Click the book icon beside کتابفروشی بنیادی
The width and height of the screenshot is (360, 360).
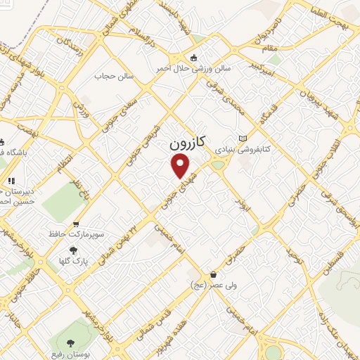coord(243,139)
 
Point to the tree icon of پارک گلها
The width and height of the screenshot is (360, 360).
coord(73,250)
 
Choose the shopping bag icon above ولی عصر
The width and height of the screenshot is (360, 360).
coord(212,275)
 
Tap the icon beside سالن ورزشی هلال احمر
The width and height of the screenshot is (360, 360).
coord(195,58)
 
